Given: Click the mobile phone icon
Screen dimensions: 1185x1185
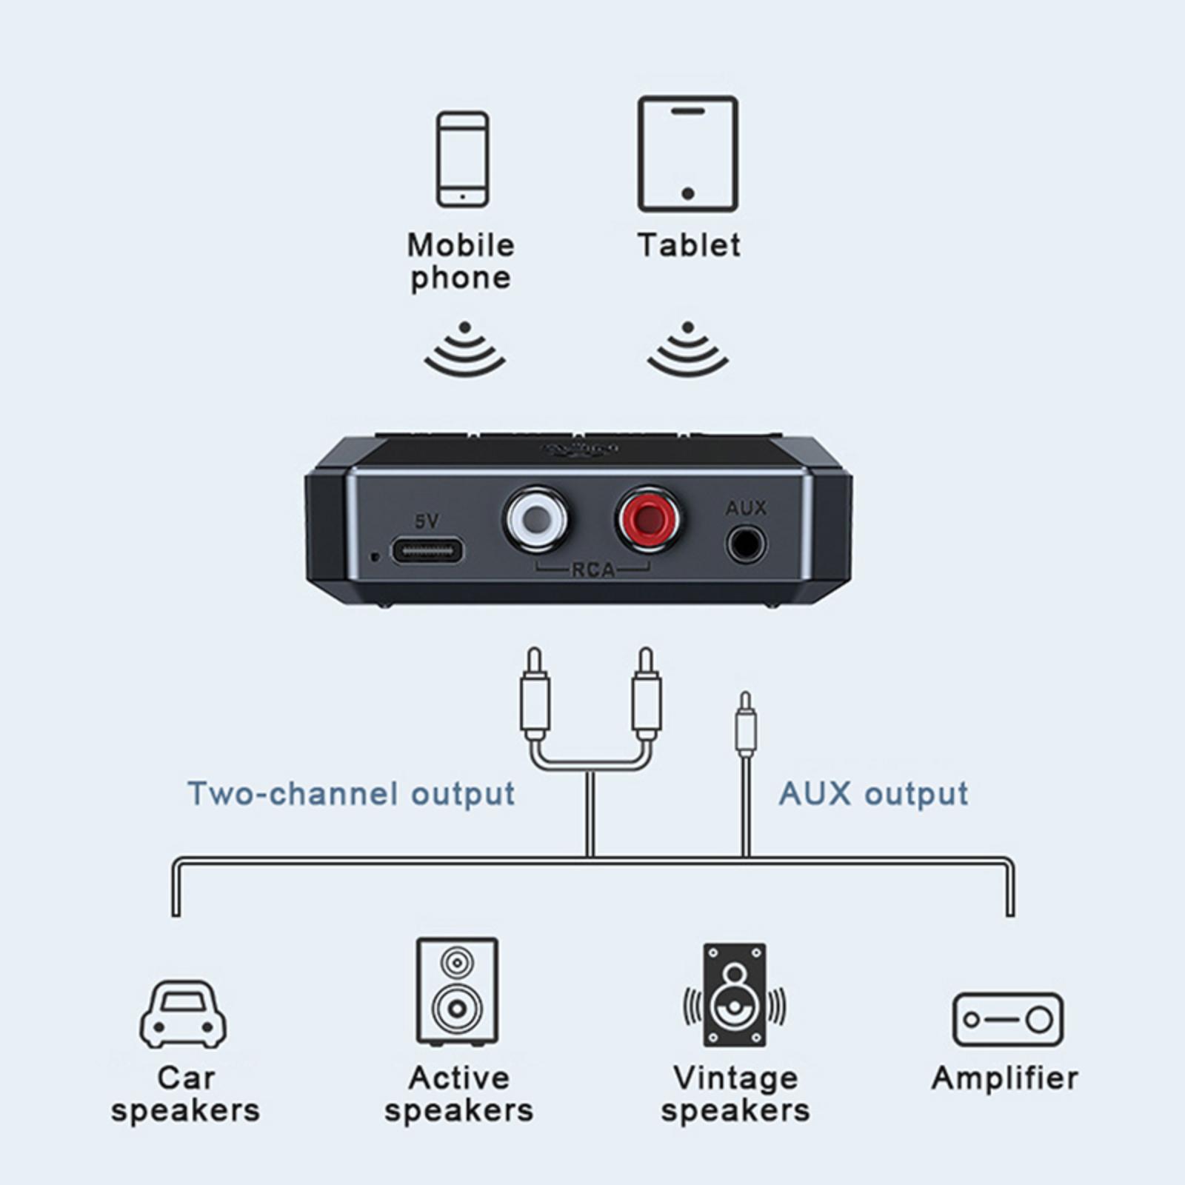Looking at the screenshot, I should pos(463,159).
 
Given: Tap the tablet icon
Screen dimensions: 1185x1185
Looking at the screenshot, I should pos(687,154).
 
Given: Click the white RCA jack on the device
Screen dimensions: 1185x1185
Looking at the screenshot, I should pos(536,520).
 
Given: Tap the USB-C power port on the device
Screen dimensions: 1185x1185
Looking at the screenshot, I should pos(427,551).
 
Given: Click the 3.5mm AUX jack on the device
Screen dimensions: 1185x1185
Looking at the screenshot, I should pos(745,546).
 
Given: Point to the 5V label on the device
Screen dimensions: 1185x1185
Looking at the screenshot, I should pos(427,521).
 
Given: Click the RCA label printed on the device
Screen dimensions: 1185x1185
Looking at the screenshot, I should pos(593,570).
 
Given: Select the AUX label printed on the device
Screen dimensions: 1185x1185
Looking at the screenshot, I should pos(746,508).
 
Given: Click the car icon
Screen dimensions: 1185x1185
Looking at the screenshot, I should pos(184,1015).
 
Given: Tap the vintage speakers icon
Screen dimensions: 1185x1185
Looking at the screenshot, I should pos(735,995).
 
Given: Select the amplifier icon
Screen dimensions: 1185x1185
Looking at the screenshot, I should pos(1007,1020).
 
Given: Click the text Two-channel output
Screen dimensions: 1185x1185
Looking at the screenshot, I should pos(351,794).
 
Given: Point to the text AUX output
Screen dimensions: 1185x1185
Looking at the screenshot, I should pos(873,794).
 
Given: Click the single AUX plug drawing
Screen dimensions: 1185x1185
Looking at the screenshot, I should pos(746,726).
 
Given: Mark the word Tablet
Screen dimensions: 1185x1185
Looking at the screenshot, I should pos(689,245).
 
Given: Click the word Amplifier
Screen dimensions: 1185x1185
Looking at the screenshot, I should pos(1005,1078).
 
